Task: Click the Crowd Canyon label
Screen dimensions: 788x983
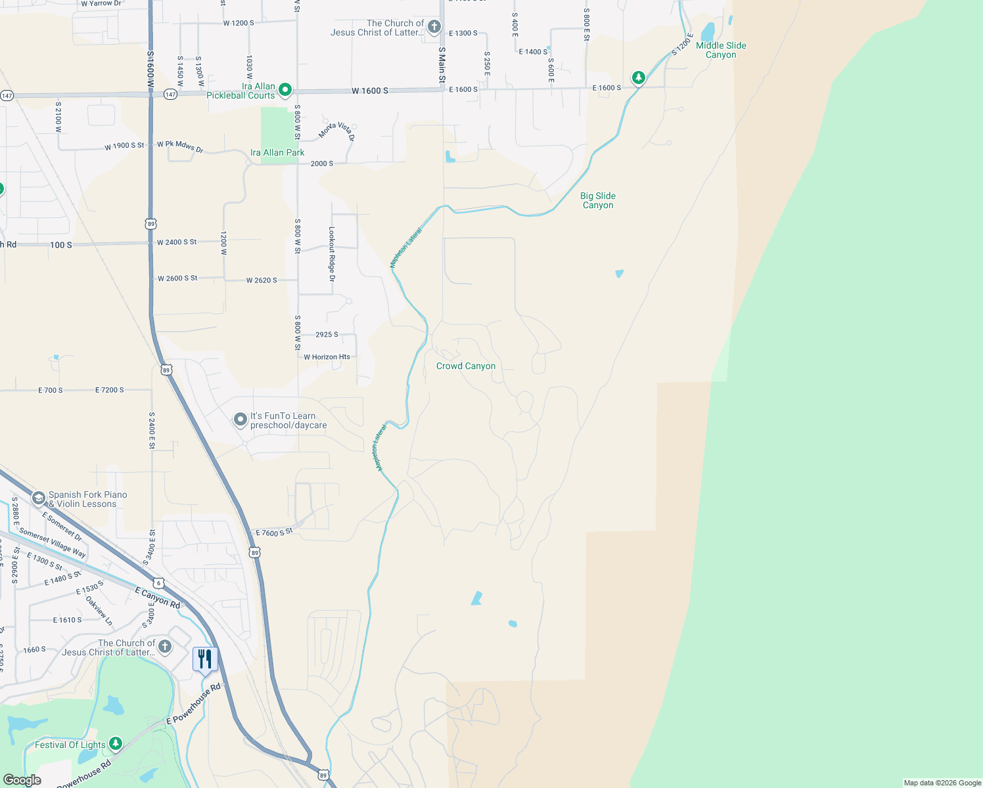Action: click(466, 366)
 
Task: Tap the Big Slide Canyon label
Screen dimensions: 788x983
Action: click(598, 200)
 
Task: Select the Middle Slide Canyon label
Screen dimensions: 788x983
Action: click(721, 50)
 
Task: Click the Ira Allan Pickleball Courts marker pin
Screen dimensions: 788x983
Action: click(285, 90)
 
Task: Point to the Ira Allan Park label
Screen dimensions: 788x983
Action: click(277, 152)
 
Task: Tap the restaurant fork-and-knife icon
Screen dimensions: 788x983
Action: click(205, 659)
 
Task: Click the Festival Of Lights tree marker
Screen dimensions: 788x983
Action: click(116, 743)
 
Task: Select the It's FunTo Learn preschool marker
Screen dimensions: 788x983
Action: click(240, 419)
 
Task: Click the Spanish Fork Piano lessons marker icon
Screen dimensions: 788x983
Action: click(38, 498)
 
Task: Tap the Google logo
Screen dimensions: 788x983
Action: click(22, 780)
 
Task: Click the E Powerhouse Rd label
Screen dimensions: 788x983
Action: click(193, 705)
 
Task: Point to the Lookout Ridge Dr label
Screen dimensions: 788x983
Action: click(332, 254)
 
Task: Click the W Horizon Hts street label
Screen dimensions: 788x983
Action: click(327, 357)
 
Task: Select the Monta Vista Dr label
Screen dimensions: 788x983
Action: click(337, 131)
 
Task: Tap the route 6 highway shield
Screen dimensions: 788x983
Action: click(158, 582)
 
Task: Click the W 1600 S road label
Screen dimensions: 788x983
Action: click(369, 91)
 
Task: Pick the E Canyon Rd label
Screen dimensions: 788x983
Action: click(157, 598)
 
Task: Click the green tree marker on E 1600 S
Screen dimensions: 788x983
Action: click(638, 78)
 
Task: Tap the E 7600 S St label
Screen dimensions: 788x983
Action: click(274, 533)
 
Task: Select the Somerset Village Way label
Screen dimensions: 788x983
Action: click(53, 543)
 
